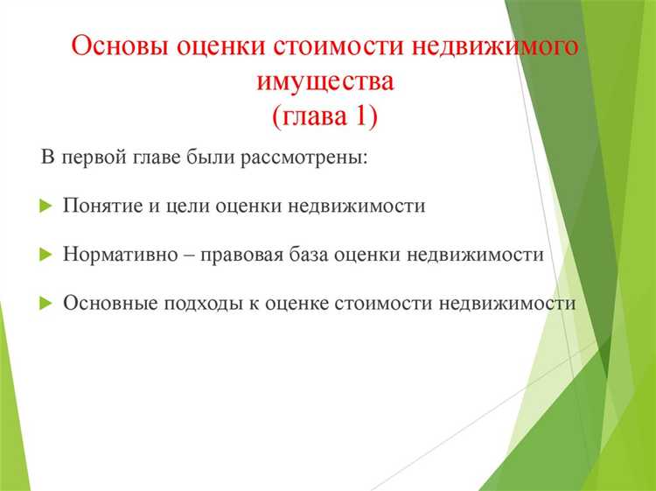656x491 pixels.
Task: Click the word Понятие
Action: (99, 207)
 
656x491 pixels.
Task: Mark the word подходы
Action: (191, 303)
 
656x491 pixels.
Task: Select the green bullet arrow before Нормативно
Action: (46, 255)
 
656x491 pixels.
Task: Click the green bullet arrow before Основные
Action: (46, 303)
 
